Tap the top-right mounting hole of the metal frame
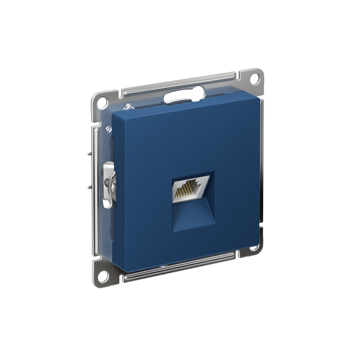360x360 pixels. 254,77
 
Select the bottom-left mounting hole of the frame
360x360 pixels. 102,272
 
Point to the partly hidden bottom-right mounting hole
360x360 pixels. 255,247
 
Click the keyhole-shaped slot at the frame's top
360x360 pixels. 184,95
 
